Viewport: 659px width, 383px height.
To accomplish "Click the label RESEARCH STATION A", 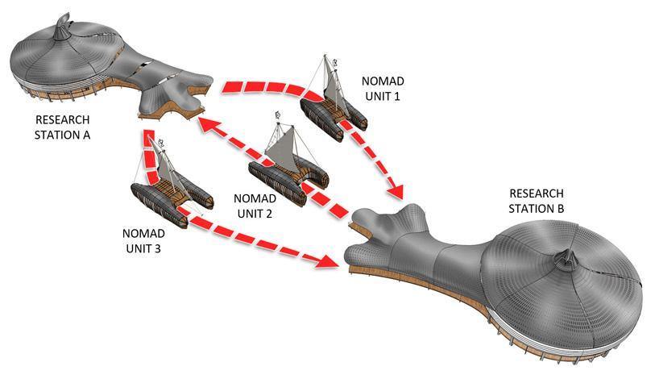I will pyautogui.click(x=64, y=127).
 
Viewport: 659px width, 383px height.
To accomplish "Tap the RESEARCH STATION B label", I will pyautogui.click(x=537, y=202).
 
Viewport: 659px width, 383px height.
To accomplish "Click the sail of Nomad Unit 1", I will pyautogui.click(x=330, y=88).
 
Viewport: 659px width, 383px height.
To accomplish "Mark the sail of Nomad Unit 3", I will pyautogui.click(x=168, y=169).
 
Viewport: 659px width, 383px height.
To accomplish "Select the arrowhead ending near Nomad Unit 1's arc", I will pyautogui.click(x=395, y=194).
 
